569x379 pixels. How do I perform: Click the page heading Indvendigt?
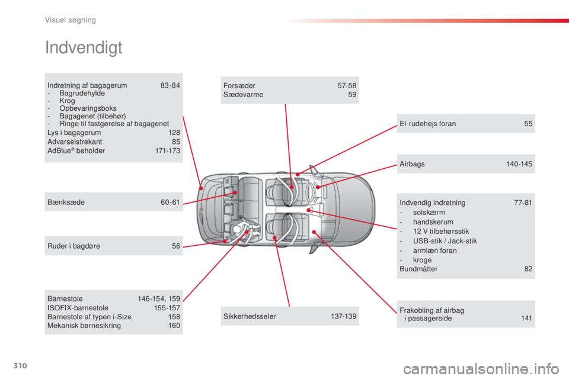pyautogui.click(x=84, y=48)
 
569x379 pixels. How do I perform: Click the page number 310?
pyautogui.click(x=20, y=365)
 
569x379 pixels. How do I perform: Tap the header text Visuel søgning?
pyautogui.click(x=71, y=20)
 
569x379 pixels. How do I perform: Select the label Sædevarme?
pyautogui.click(x=243, y=95)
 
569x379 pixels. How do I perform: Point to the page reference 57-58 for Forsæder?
pyautogui.click(x=347, y=86)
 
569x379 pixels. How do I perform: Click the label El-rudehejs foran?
pyautogui.click(x=427, y=124)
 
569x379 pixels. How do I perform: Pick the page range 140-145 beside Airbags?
pyautogui.click(x=519, y=164)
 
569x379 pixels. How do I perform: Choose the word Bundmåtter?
pyautogui.click(x=418, y=269)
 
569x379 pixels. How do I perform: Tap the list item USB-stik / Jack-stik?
pyautogui.click(x=445, y=241)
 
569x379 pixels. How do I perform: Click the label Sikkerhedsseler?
pyautogui.click(x=250, y=316)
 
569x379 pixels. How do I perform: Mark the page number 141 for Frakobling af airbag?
pyautogui.click(x=526, y=319)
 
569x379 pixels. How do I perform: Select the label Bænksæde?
pyautogui.click(x=66, y=203)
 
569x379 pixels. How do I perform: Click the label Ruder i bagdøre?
pyautogui.click(x=73, y=246)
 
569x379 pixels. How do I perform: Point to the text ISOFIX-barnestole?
pyautogui.click(x=78, y=308)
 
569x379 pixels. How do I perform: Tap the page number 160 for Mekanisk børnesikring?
pyautogui.click(x=174, y=326)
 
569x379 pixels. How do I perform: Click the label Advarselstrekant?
pyautogui.click(x=75, y=142)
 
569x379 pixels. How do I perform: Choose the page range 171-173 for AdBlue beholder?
pyautogui.click(x=168, y=151)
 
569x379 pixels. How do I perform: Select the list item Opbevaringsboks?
pyautogui.click(x=88, y=108)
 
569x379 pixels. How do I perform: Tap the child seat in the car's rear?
pyautogui.click(x=244, y=231)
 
